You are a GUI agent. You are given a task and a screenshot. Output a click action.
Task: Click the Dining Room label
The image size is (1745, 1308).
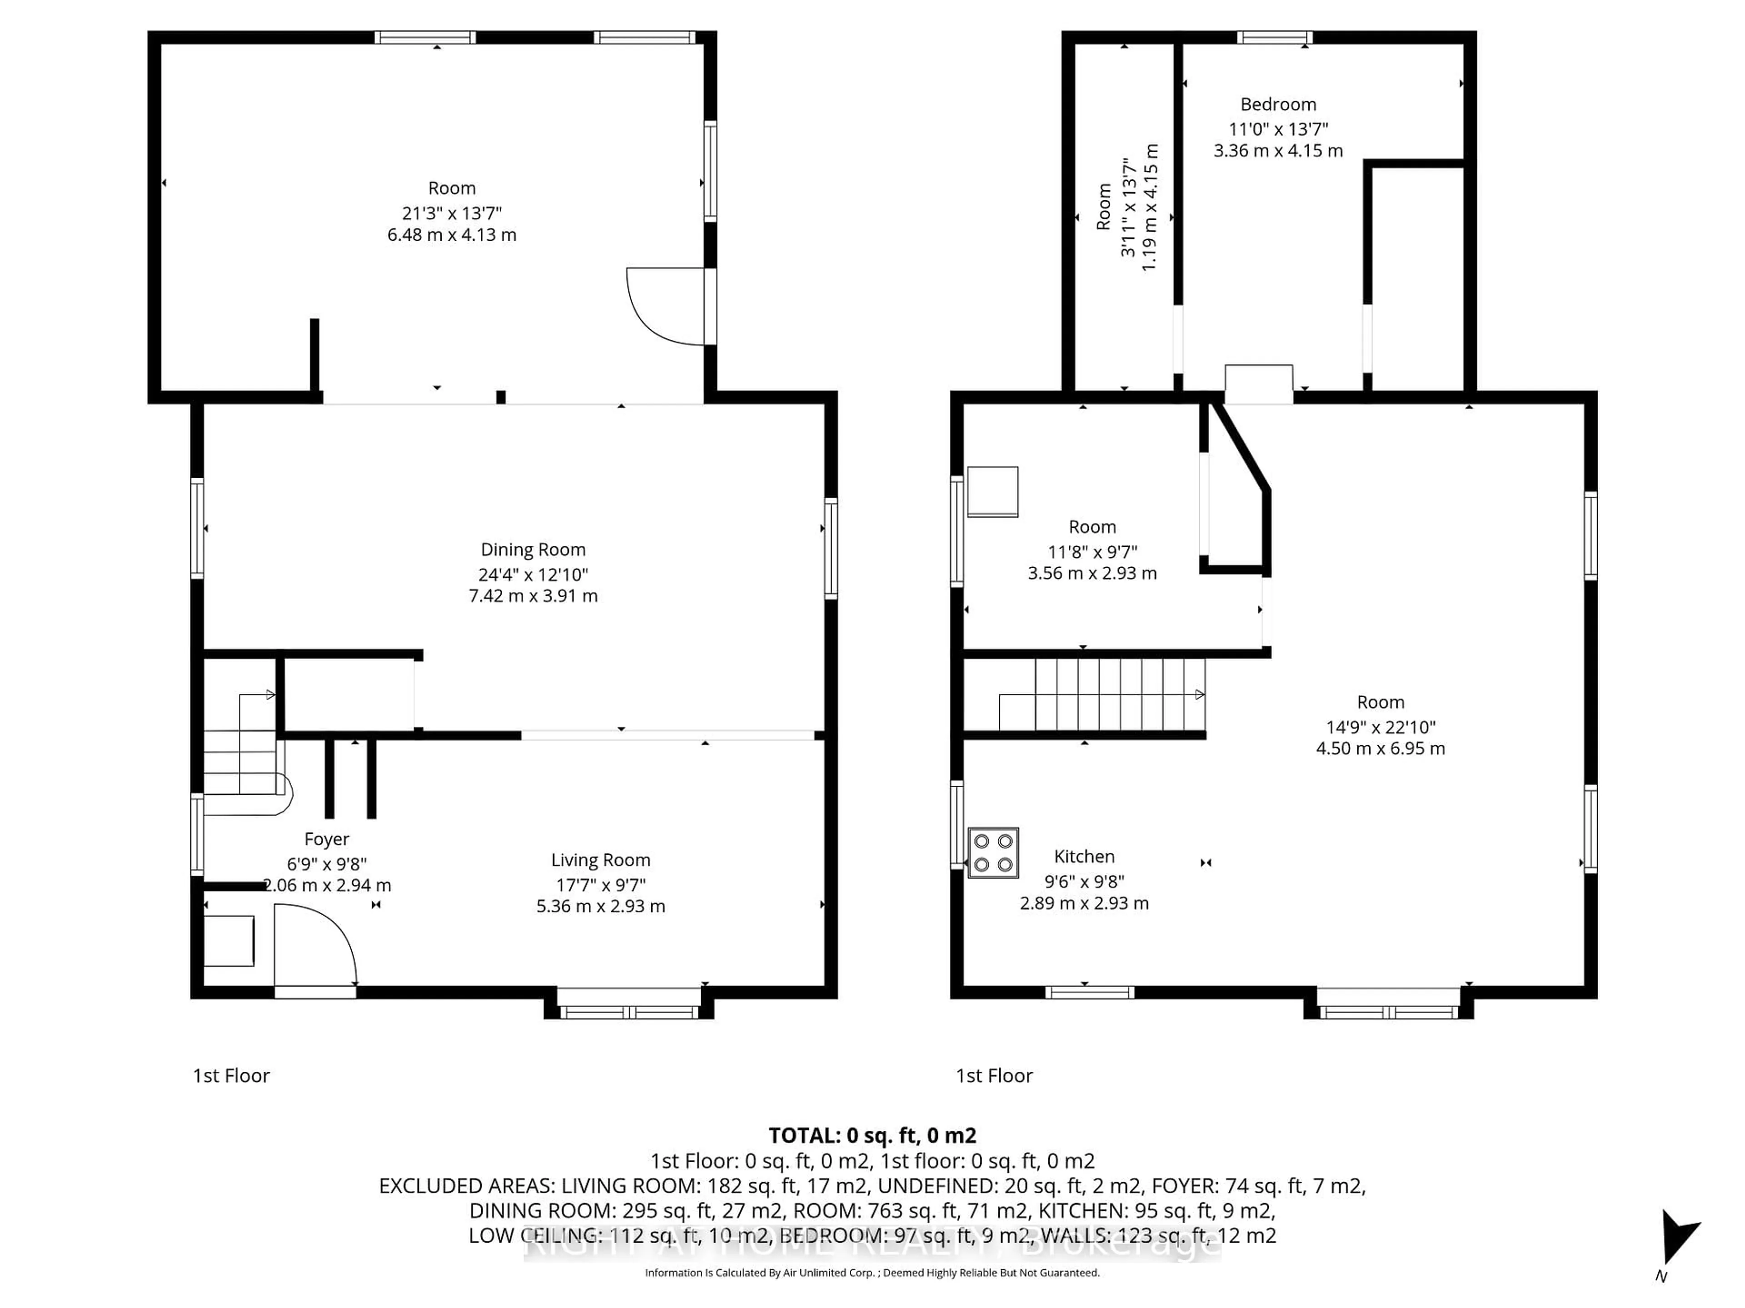click(533, 550)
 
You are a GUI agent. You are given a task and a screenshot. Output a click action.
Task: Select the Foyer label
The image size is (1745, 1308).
click(327, 839)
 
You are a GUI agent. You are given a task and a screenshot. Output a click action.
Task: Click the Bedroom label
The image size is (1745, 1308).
click(1278, 104)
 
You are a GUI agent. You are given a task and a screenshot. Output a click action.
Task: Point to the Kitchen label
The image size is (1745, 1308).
click(1084, 856)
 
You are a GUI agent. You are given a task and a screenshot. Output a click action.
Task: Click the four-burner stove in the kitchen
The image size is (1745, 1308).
click(993, 852)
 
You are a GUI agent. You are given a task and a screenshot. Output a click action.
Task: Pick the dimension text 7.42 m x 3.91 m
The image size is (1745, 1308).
click(533, 596)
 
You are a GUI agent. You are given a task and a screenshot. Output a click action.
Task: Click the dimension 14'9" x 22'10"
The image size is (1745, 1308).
click(1381, 727)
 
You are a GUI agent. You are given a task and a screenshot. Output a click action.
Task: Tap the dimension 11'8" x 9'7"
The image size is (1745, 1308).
click(1092, 551)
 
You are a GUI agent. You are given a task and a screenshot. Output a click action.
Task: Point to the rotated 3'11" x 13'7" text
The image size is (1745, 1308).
click(1128, 208)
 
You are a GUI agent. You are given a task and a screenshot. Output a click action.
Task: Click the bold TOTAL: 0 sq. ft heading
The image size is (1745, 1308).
click(872, 1135)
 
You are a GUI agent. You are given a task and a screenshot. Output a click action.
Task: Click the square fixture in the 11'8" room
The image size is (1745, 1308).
click(992, 492)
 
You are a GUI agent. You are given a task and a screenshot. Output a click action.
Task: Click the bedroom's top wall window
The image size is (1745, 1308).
click(1274, 37)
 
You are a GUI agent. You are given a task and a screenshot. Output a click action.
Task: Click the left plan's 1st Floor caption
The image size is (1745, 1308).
click(231, 1075)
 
